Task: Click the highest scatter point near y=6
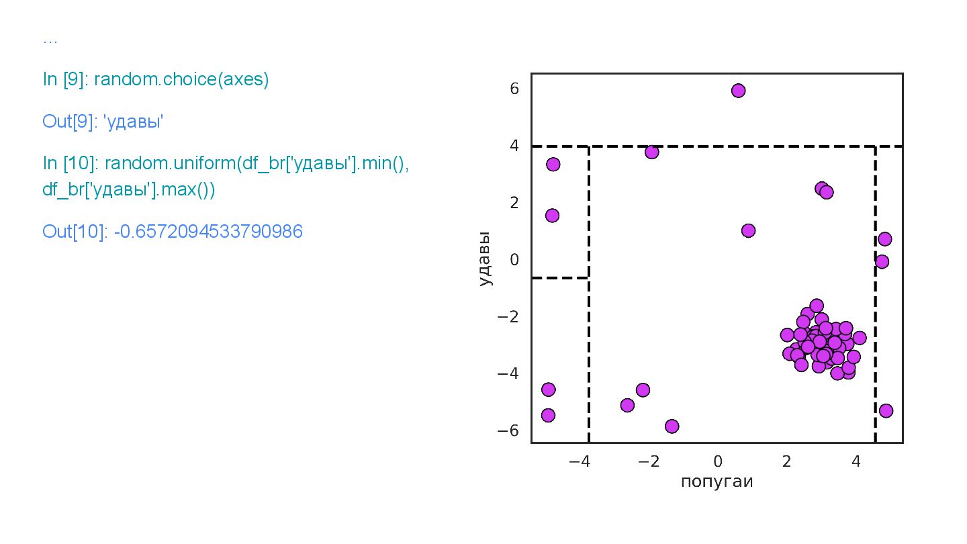pos(738,91)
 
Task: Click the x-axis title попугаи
pos(717,482)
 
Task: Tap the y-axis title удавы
pos(486,259)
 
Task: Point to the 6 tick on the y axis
pos(514,89)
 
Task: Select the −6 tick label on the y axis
pos(510,430)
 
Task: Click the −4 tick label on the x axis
pos(578,462)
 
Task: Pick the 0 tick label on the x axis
pos(717,462)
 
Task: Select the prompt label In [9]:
pos(66,79)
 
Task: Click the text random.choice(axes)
pos(181,79)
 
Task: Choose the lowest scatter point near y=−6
pos(672,426)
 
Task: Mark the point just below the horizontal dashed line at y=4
pos(651,152)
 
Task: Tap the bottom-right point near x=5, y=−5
pos(886,410)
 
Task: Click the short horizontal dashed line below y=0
pos(560,277)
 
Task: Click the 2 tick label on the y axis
pos(514,203)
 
